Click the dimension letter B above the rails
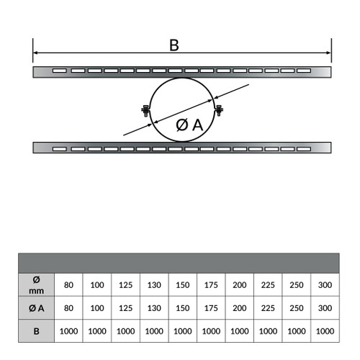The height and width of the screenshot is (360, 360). [x=174, y=45]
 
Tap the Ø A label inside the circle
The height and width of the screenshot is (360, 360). [x=189, y=125]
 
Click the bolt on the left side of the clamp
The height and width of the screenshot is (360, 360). [x=145, y=111]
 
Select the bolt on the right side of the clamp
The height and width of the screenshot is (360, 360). [x=219, y=110]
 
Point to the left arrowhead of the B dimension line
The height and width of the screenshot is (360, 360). [x=35, y=53]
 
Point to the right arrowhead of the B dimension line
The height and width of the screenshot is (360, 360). [x=329, y=53]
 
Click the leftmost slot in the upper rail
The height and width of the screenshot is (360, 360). [x=60, y=71]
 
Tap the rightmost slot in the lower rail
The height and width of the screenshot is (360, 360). [x=304, y=149]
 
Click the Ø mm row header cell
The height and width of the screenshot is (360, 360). [x=36, y=285]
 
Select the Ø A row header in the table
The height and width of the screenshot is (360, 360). [x=36, y=308]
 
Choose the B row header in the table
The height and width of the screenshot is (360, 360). [x=36, y=331]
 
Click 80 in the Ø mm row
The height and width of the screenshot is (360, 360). [x=68, y=285]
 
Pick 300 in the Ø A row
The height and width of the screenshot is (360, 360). [x=325, y=308]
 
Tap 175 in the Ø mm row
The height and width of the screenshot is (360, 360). [x=211, y=285]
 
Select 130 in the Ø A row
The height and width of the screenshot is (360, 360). [x=154, y=308]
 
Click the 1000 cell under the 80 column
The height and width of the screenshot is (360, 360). [x=68, y=331]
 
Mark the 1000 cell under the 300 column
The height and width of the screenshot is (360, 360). [x=325, y=331]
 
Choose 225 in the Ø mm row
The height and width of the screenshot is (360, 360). [x=268, y=285]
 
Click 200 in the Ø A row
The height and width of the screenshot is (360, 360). [x=240, y=308]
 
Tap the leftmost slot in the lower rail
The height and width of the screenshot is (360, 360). [x=60, y=149]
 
